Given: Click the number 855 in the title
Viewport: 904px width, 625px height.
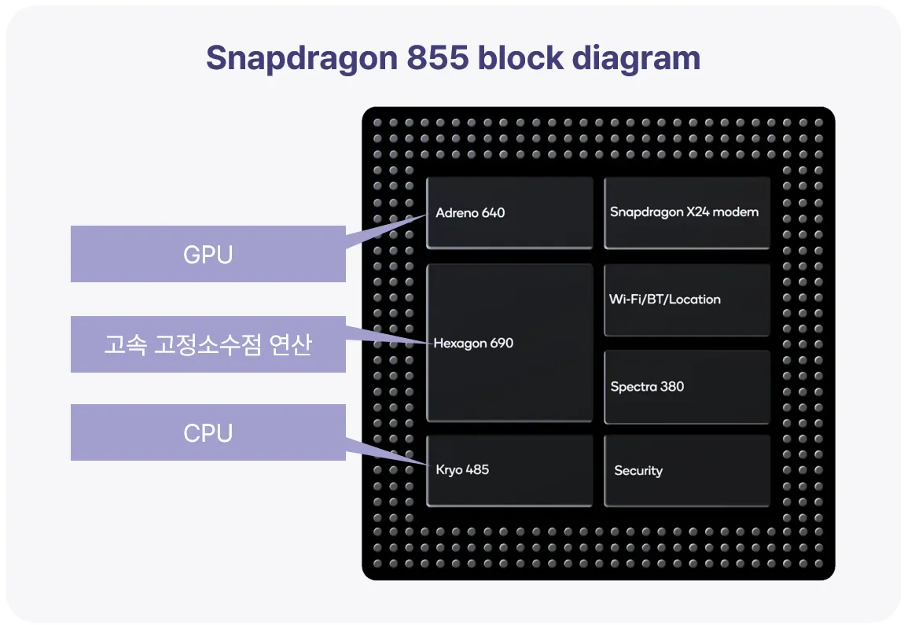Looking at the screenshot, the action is coord(438,57).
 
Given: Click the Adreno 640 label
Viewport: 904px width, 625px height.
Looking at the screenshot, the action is coord(470,213).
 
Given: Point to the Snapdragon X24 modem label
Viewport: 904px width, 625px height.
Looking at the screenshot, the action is coord(684,212).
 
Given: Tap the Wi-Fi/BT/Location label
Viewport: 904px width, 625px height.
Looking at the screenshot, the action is coord(665,300).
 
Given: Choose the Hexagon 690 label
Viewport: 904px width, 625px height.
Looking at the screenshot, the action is coord(473,344).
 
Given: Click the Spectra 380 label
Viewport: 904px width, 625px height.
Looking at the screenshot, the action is coord(647,386).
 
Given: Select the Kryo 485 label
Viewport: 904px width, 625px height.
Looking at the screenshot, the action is coord(462,470).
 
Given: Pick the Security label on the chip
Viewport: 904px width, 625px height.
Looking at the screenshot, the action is coord(638,471).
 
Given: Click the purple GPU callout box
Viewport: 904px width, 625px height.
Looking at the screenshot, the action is coord(208,254).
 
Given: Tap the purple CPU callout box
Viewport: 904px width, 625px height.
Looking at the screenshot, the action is coord(208,432).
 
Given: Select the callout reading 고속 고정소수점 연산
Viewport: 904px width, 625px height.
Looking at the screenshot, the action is coord(208,344).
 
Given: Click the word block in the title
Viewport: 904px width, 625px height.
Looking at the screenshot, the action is coord(520,57).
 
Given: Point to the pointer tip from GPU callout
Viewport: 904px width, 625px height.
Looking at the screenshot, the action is coord(427,215).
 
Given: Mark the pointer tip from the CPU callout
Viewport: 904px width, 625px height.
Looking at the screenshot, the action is coord(430,465).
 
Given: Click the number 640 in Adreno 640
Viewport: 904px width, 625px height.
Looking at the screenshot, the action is coord(493,213).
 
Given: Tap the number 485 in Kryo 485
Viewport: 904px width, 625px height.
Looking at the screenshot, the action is coord(477,469).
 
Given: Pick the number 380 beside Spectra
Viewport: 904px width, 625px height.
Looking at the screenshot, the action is coord(672,386).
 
